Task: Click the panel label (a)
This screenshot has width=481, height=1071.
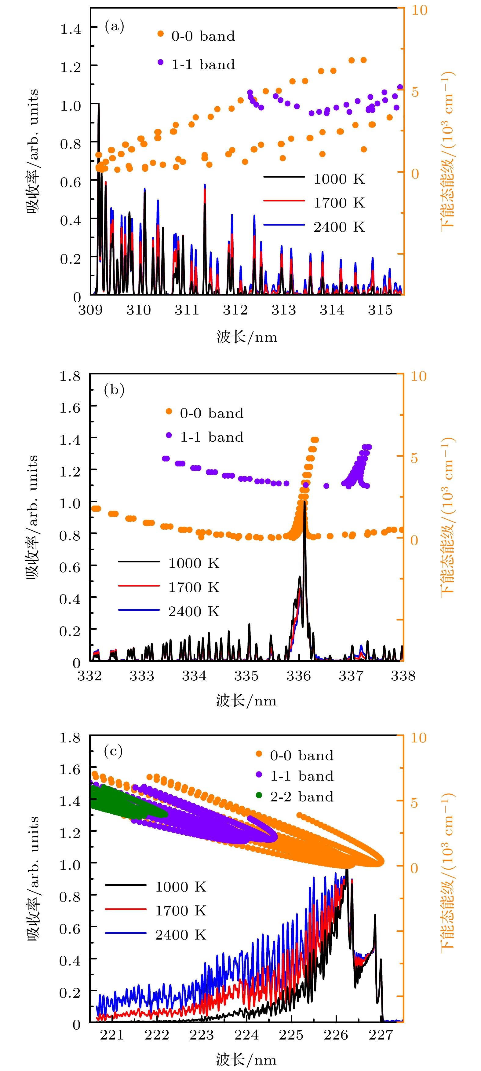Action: click(x=114, y=26)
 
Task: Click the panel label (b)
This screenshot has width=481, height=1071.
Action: click(x=114, y=390)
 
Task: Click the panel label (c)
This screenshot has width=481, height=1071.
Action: click(x=113, y=751)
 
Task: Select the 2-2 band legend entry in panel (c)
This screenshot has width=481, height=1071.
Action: click(x=301, y=797)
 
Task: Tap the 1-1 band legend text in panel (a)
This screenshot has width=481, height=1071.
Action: click(x=203, y=64)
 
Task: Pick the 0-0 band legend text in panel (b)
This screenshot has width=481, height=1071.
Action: click(x=211, y=413)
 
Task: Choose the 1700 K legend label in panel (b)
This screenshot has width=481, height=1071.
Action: click(x=194, y=587)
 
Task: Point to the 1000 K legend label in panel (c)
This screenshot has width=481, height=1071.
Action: click(x=181, y=886)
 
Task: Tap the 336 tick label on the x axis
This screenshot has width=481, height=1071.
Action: click(x=299, y=675)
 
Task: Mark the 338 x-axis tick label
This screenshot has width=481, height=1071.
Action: click(x=403, y=675)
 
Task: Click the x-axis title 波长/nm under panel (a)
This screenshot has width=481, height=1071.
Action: click(x=247, y=337)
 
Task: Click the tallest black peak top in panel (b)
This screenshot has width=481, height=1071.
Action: click(x=304, y=502)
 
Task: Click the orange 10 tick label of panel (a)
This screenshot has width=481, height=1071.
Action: click(x=419, y=10)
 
